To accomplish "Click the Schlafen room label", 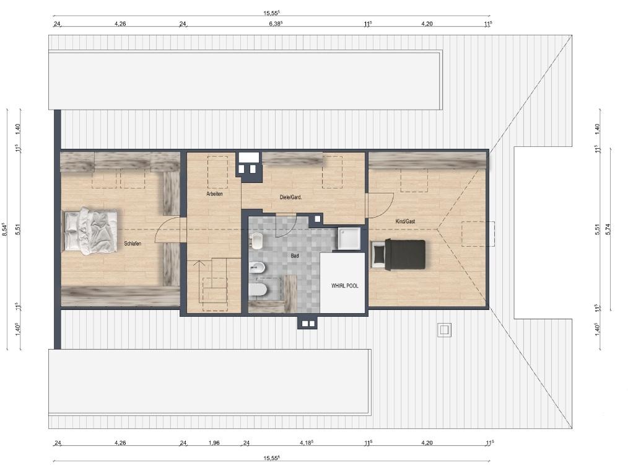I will click(133, 244).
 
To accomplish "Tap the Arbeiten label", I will click(214, 194).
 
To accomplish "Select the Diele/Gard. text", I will click(290, 197).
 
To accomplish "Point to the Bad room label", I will click(295, 255).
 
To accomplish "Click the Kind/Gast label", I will click(405, 221).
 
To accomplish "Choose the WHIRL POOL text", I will click(344, 286).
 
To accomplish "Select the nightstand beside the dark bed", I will click(377, 254).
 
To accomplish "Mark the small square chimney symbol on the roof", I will click(444, 330).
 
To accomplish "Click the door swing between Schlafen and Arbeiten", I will click(167, 229).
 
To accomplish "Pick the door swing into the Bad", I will click(286, 226).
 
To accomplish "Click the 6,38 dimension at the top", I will click(276, 24).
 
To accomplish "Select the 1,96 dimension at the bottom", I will click(214, 443).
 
